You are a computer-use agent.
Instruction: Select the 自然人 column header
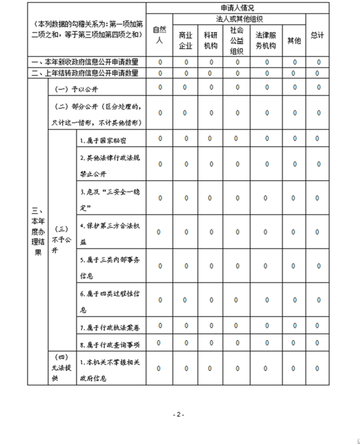(x=160, y=35)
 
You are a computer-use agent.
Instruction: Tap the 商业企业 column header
(x=186, y=41)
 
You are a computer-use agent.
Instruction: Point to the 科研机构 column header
(x=211, y=41)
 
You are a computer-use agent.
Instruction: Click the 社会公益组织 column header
(x=237, y=41)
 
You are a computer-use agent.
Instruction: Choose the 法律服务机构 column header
(x=266, y=41)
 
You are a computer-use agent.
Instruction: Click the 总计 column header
(x=318, y=35)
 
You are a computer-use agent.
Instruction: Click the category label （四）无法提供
(x=62, y=368)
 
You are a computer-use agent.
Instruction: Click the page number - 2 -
(x=177, y=414)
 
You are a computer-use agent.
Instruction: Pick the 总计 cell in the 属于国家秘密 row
(x=318, y=139)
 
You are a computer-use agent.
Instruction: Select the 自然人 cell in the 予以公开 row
(x=160, y=87)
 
